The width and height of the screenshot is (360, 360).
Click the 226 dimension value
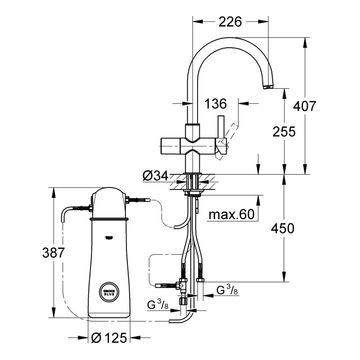pos(230,21)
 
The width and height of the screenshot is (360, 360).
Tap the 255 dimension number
pos(284,131)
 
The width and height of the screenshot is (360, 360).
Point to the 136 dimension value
pos(215,104)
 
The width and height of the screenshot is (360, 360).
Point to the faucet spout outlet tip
pos(268,86)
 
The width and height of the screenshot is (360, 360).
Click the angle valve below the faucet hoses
pos(182,285)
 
